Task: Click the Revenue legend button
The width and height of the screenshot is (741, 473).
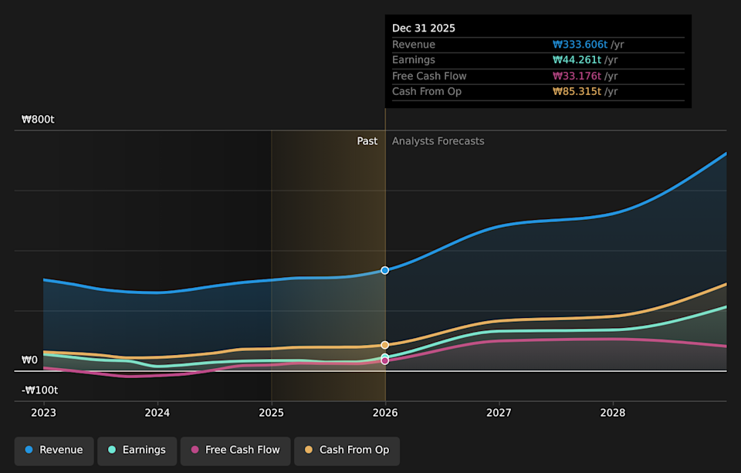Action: [x=54, y=450]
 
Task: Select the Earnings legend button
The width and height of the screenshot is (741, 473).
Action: [x=137, y=450]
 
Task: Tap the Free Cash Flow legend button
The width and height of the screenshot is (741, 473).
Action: [x=235, y=450]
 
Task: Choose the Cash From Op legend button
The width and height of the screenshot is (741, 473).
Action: [x=347, y=450]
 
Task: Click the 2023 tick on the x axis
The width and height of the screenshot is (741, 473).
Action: [x=43, y=413]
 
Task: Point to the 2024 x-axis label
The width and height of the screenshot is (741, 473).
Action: [x=157, y=413]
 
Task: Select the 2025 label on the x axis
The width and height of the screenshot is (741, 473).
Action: [x=271, y=413]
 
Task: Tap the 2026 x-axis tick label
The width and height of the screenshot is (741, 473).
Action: [x=385, y=413]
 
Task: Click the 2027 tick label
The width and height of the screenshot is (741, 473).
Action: [x=499, y=413]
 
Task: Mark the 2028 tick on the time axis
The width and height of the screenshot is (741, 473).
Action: [x=613, y=413]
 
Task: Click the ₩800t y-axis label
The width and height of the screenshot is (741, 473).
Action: [x=38, y=120]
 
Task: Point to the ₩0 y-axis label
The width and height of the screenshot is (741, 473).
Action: [x=29, y=360]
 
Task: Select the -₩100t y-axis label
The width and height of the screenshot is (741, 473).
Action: [x=39, y=390]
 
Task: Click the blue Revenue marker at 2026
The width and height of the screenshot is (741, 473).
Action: [x=385, y=270]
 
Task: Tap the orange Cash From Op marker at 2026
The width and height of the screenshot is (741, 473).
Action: [x=385, y=345]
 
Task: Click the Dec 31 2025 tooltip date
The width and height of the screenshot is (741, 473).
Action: [x=424, y=28]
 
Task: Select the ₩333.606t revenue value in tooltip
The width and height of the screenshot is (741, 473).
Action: [x=580, y=45]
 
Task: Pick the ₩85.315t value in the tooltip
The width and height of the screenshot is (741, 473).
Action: [x=577, y=92]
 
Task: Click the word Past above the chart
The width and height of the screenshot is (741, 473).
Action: [x=367, y=141]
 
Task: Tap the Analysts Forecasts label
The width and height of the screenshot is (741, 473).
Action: [x=438, y=141]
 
